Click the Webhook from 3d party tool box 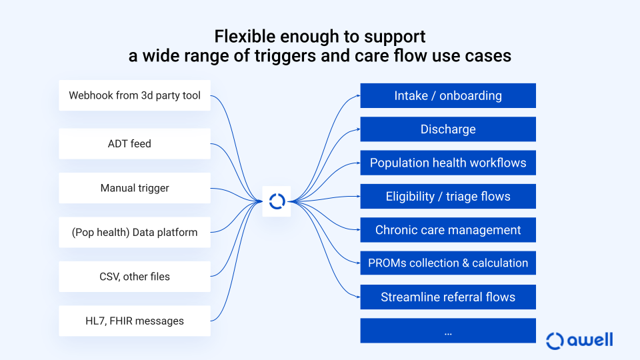click(x=135, y=95)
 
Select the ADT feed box click(x=135, y=144)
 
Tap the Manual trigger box click(x=135, y=188)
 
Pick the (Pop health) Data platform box click(x=135, y=232)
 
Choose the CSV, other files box click(x=135, y=277)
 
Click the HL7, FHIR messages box click(x=135, y=321)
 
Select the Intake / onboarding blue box click(x=448, y=95)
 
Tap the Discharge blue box click(x=448, y=129)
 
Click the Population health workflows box click(x=448, y=163)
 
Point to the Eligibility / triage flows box click(x=448, y=196)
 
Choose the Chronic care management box click(x=448, y=230)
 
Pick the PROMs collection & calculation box click(x=448, y=263)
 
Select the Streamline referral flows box click(x=448, y=297)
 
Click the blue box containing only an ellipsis click(x=448, y=331)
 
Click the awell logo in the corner click(x=579, y=341)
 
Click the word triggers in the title click(x=285, y=56)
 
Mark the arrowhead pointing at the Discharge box click(x=359, y=129)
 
